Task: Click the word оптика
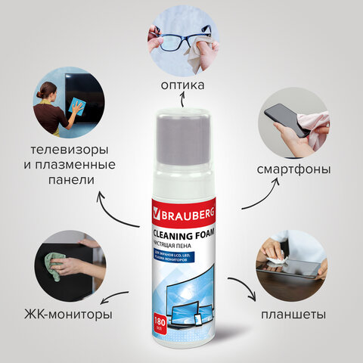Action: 182,85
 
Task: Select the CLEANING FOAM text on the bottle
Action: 182,234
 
